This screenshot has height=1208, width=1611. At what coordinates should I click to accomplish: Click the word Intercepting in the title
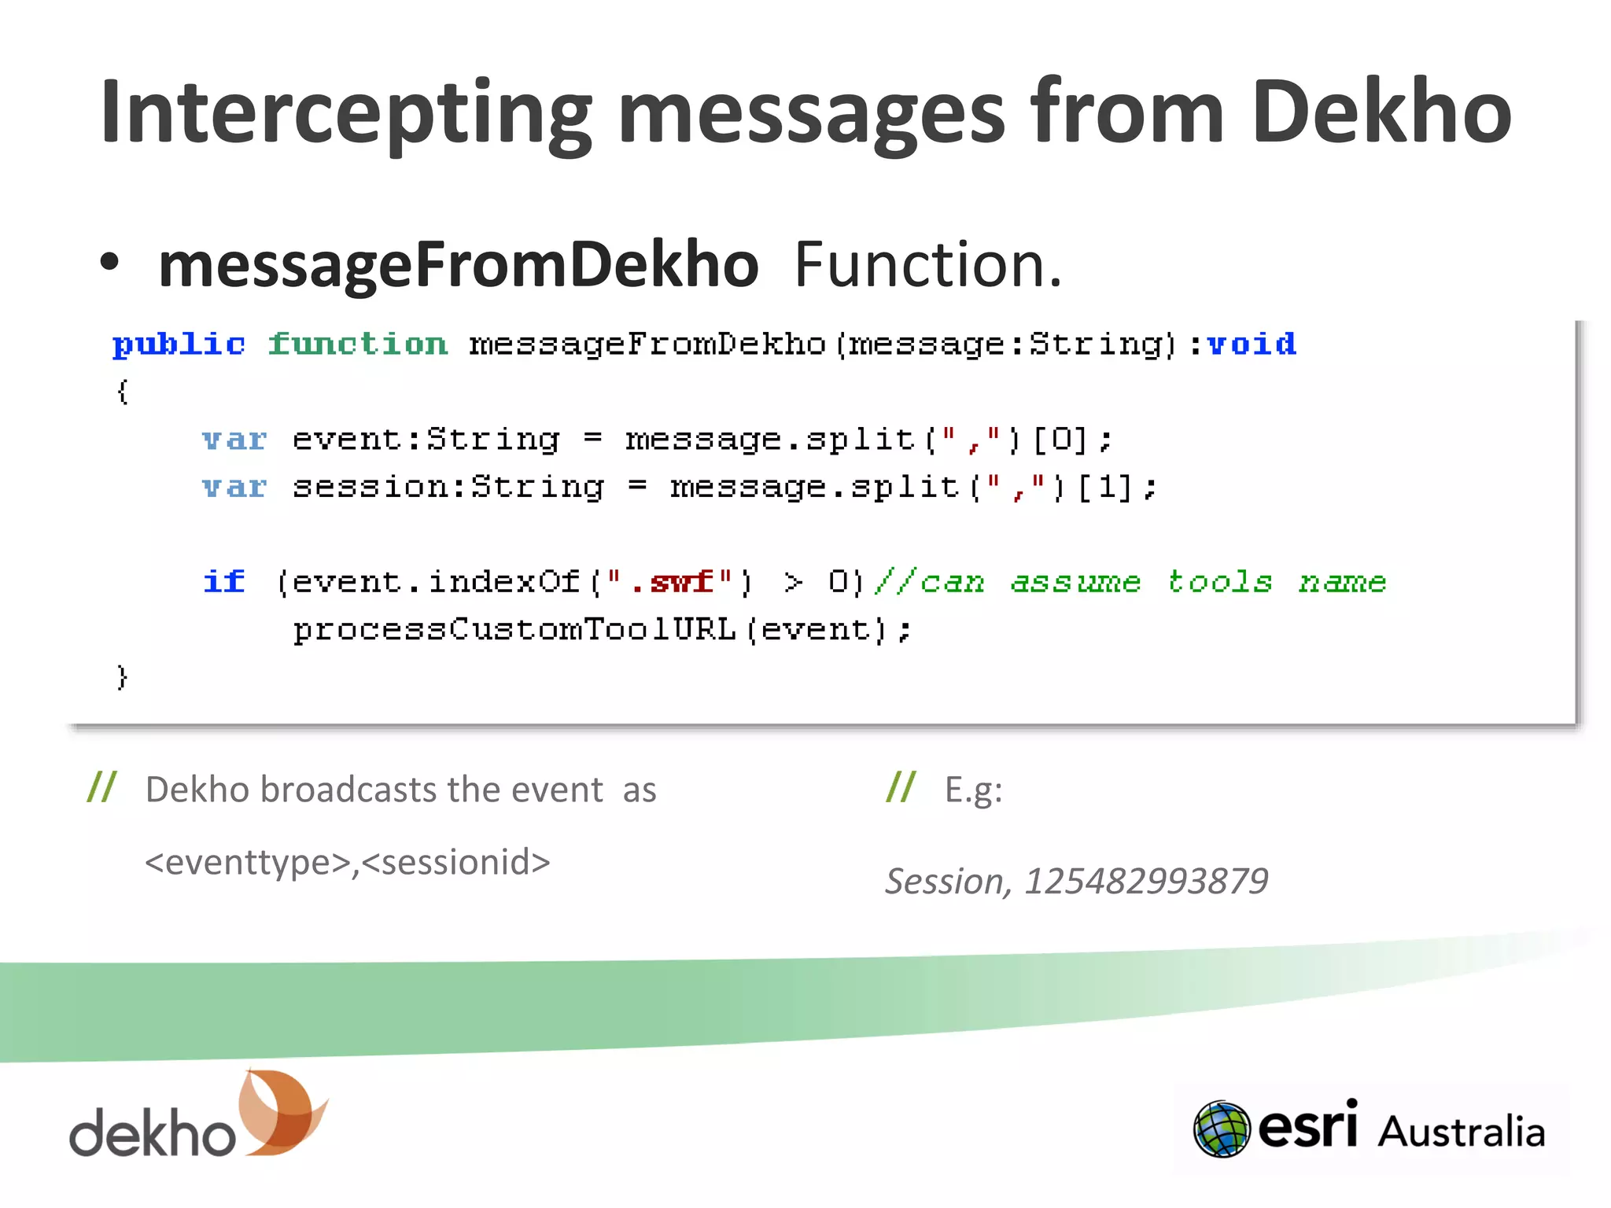[346, 114]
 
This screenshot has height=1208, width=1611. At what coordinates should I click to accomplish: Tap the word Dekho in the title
[1381, 114]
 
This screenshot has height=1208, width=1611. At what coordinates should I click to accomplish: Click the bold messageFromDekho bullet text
[458, 265]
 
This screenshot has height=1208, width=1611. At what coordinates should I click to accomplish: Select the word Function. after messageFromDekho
[928, 265]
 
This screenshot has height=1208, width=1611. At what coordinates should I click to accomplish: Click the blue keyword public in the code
[179, 344]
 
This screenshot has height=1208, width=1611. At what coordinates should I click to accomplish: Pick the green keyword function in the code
[358, 344]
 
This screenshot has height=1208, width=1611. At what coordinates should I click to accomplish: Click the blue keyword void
[1252, 344]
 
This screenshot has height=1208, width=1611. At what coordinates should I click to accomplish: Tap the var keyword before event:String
[234, 440]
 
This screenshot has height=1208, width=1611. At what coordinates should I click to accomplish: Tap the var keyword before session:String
[234, 488]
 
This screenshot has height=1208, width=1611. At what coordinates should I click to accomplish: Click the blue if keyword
[224, 582]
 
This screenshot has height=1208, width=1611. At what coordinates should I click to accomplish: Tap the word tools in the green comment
[1219, 582]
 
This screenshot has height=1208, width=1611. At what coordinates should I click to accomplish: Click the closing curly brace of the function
[122, 677]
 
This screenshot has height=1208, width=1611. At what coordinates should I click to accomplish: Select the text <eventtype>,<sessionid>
[348, 862]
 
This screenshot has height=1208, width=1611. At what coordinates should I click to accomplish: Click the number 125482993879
[1146, 881]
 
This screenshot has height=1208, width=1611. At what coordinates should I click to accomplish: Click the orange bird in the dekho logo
[283, 1110]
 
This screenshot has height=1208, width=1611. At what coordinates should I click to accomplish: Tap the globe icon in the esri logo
[1222, 1129]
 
